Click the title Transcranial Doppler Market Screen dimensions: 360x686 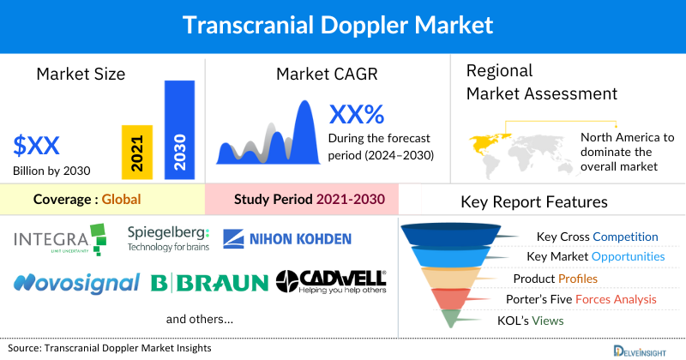[343, 25]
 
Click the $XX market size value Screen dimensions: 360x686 [37, 144]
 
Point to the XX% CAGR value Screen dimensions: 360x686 [357, 115]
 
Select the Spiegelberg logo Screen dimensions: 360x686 [168, 238]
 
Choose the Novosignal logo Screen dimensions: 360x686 [76, 282]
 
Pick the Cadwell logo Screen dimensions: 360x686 [331, 280]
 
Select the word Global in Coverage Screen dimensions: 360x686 [121, 200]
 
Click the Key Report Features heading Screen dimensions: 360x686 [534, 202]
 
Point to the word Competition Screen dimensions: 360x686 [625, 237]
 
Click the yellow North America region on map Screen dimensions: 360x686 [485, 141]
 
